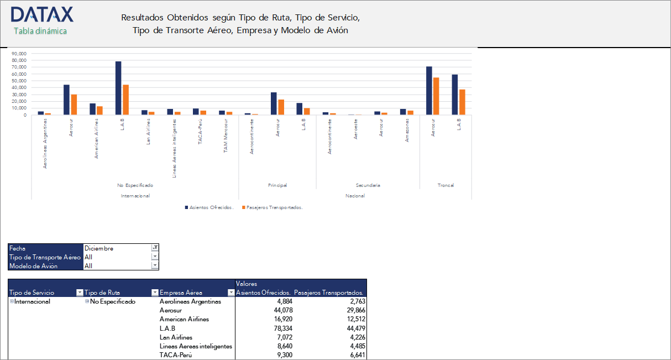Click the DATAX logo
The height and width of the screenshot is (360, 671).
(42, 14)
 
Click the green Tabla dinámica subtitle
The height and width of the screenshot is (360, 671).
(40, 31)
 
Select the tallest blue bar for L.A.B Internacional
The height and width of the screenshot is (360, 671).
(118, 88)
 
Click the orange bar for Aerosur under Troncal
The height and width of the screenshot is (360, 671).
(436, 96)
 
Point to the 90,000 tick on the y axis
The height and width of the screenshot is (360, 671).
(19, 54)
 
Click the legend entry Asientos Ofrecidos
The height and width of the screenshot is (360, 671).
(209, 207)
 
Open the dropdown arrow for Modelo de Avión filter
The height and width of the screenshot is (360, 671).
(155, 265)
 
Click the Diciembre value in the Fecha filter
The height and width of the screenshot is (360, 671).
(99, 248)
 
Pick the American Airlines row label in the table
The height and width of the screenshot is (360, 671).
(184, 319)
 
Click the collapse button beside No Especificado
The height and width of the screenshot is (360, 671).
(87, 301)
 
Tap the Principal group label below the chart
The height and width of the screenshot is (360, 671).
(277, 185)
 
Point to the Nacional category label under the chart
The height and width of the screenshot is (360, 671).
(355, 195)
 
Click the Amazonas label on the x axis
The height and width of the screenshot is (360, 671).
(407, 131)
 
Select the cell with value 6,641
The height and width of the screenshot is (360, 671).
(355, 354)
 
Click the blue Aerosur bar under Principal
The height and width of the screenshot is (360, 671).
(274, 103)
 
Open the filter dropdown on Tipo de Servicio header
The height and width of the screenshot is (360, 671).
(80, 293)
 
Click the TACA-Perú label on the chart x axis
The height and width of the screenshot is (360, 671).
(200, 133)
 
